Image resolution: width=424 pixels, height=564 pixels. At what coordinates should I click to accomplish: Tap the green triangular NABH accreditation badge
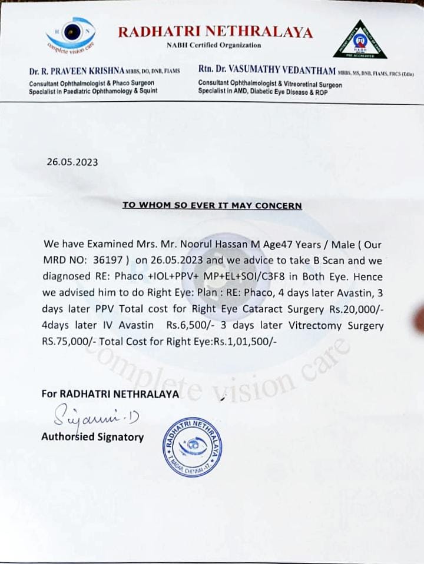pos(359,40)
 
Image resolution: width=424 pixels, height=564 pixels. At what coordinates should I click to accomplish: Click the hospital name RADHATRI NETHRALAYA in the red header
pos(215,32)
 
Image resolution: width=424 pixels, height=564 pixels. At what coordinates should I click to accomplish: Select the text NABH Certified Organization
pos(213,45)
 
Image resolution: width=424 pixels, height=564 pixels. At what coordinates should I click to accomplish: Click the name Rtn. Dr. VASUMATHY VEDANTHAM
pos(267,71)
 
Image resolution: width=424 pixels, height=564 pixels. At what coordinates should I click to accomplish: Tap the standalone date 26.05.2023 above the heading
pos(72,162)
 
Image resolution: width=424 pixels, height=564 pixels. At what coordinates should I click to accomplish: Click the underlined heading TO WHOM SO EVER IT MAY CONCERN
pos(212,206)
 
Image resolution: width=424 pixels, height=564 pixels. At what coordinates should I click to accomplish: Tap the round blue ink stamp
pos(193,446)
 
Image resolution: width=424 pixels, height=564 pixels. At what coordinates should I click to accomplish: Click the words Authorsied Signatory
pos(92,437)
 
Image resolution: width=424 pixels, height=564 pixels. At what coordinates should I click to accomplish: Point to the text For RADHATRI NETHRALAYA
pos(110,394)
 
